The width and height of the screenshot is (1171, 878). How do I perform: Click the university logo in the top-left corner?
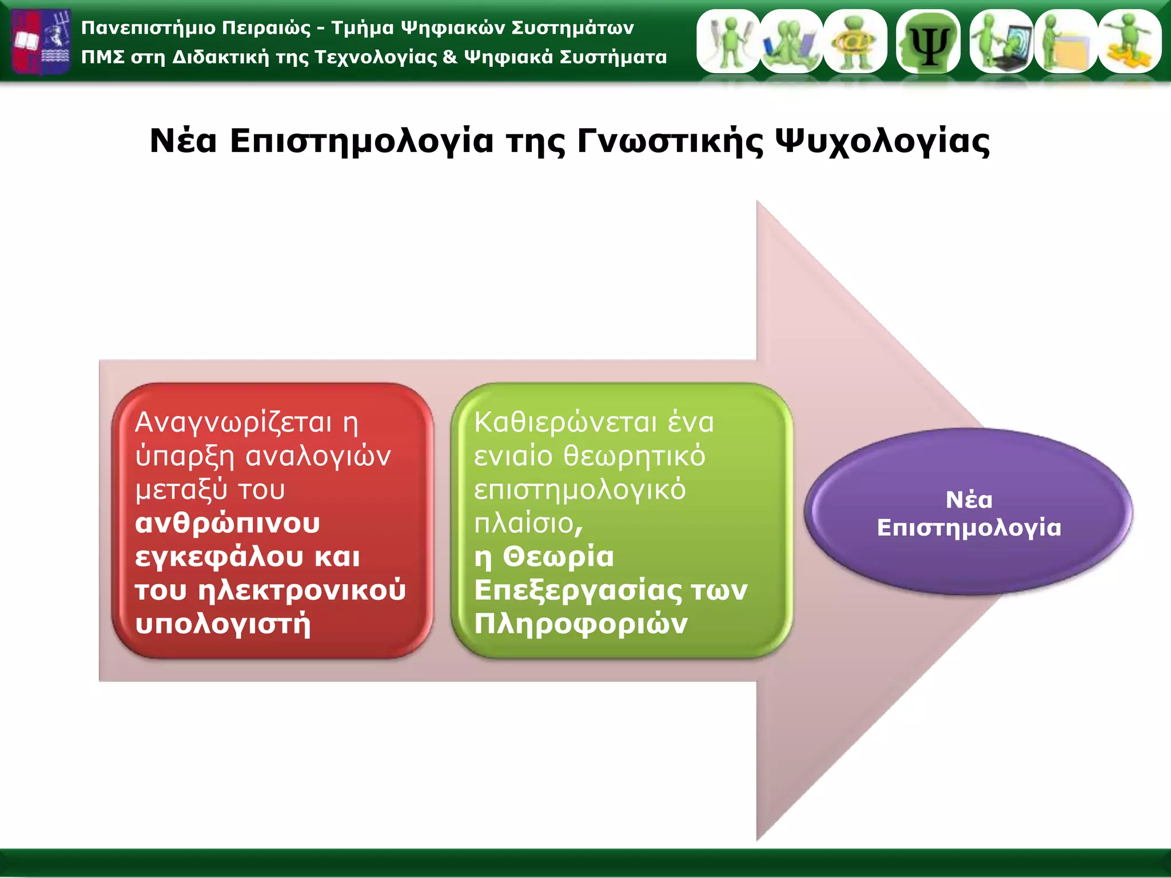(x=41, y=41)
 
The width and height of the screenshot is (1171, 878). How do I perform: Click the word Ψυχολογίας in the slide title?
(x=882, y=141)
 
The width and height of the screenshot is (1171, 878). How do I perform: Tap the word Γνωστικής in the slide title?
(x=670, y=141)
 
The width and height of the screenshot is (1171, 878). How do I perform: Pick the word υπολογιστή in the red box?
(x=223, y=624)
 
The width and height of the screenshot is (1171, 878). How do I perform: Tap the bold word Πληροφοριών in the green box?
(x=580, y=624)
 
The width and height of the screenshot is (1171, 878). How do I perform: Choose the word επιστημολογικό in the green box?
(x=580, y=490)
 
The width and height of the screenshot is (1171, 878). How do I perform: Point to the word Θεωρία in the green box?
(x=558, y=557)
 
